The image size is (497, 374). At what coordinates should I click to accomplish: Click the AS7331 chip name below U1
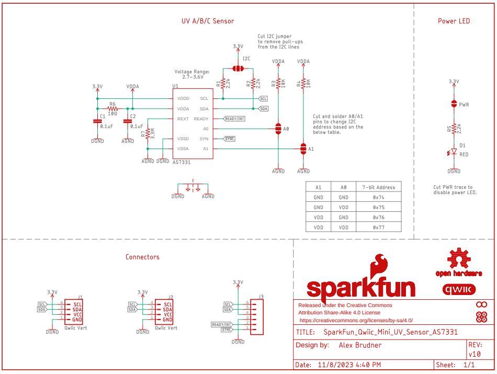pyautogui.click(x=182, y=163)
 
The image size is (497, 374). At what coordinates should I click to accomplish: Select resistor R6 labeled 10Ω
pyautogui.click(x=112, y=108)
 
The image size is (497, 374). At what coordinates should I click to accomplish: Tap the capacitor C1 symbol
pyautogui.click(x=97, y=121)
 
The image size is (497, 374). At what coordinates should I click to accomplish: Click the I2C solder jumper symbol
pyautogui.click(x=238, y=69)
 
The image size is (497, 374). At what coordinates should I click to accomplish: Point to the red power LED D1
pyautogui.click(x=454, y=153)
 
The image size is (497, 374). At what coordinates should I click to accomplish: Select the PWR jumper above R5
pyautogui.click(x=454, y=104)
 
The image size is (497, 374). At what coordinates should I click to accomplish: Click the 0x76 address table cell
pyautogui.click(x=378, y=218)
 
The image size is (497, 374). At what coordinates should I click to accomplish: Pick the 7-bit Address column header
pyautogui.click(x=378, y=187)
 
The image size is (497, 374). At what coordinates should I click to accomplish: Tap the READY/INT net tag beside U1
pyautogui.click(x=234, y=119)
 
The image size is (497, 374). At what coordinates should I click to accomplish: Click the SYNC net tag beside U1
pyautogui.click(x=229, y=139)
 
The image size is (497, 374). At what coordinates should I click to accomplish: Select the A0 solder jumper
pyautogui.click(x=278, y=129)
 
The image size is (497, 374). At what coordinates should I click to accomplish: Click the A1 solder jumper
pyautogui.click(x=303, y=149)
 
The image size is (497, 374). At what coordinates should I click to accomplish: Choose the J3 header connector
pyautogui.click(x=257, y=316)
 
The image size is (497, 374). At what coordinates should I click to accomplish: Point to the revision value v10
pyautogui.click(x=475, y=354)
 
